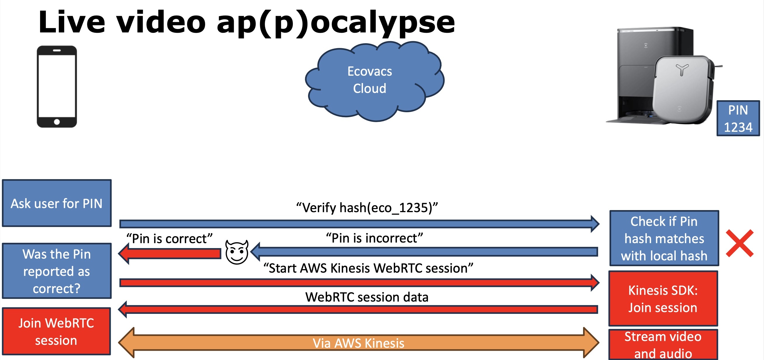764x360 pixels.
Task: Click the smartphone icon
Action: pyautogui.click(x=57, y=86)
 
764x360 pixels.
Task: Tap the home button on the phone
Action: pyautogui.click(x=57, y=122)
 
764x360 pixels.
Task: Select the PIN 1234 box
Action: pyautogui.click(x=738, y=118)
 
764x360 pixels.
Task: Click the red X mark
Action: pyautogui.click(x=740, y=243)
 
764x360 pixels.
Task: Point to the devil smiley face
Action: pyautogui.click(x=237, y=252)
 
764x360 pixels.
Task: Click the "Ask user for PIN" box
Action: pyautogui.click(x=57, y=203)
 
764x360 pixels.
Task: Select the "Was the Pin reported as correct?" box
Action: pyautogui.click(x=57, y=271)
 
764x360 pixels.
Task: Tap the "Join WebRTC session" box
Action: pyautogui.click(x=56, y=331)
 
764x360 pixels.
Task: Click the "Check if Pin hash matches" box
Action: pyautogui.click(x=664, y=238)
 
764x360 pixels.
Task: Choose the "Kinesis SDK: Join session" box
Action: pyautogui.click(x=663, y=298)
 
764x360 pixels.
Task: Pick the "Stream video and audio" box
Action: pyautogui.click(x=663, y=345)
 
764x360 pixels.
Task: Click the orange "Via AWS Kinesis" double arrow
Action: pyautogui.click(x=358, y=343)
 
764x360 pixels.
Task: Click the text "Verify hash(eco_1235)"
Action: pyautogui.click(x=367, y=207)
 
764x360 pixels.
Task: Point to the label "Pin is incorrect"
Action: pyautogui.click(x=374, y=238)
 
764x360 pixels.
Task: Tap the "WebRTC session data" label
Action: pyautogui.click(x=367, y=297)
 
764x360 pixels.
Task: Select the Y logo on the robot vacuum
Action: pyautogui.click(x=682, y=70)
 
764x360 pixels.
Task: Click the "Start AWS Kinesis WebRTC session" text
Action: pyautogui.click(x=368, y=268)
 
